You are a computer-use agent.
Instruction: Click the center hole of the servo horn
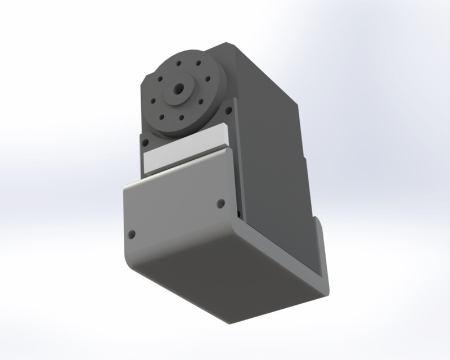point(179,88)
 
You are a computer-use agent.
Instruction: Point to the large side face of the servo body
point(270,141)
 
